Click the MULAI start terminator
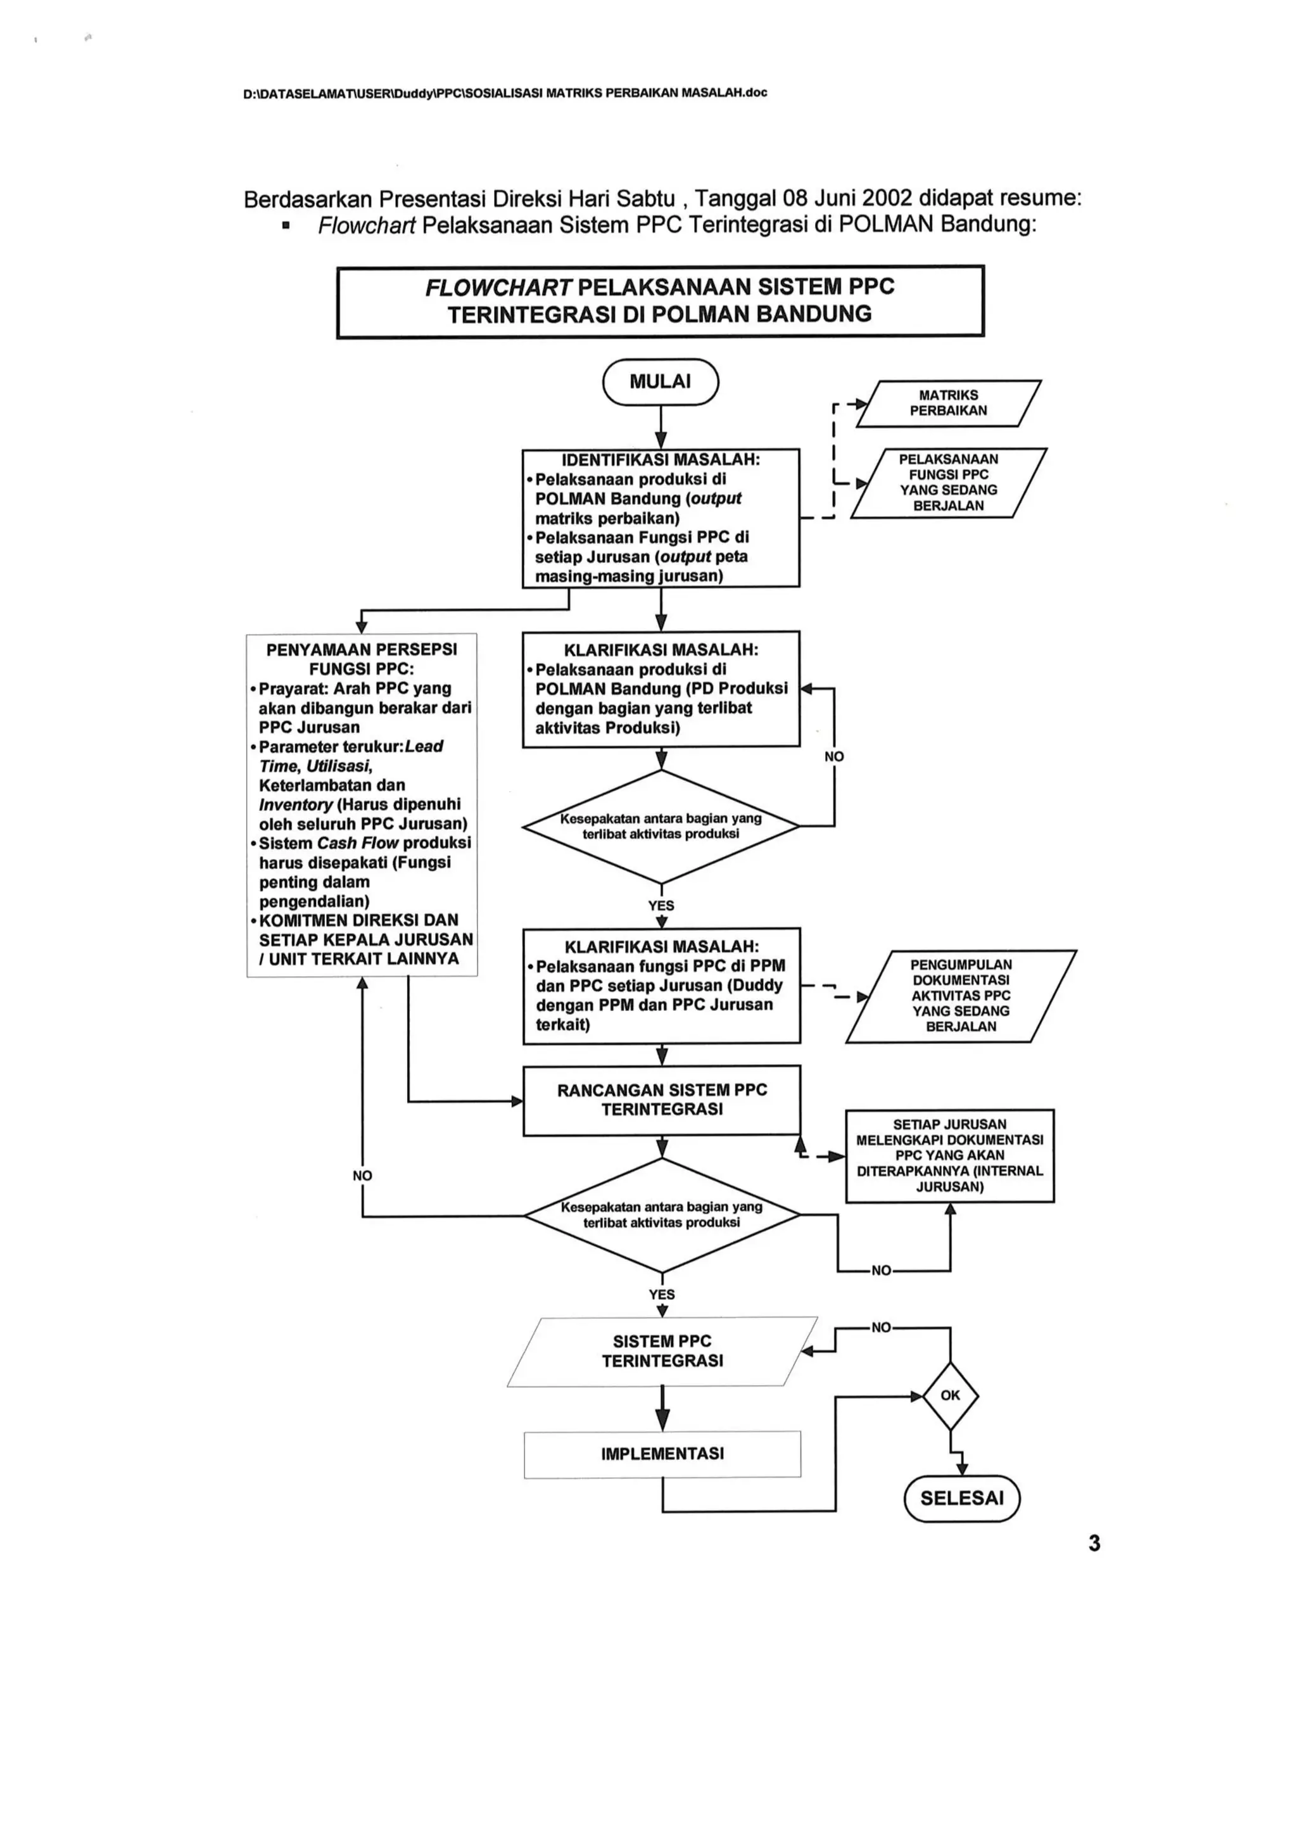[660, 382]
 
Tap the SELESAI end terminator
[961, 1498]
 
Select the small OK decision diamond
[950, 1395]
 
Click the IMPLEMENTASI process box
[662, 1454]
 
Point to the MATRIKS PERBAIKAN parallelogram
[949, 403]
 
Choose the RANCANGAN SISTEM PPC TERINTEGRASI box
[662, 1100]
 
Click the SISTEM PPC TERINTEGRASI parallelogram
[662, 1350]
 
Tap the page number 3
[1094, 1543]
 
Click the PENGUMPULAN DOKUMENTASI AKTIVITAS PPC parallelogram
[961, 996]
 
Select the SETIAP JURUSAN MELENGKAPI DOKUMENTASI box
[949, 1156]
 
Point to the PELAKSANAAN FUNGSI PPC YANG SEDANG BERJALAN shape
[949, 483]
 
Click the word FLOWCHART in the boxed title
[498, 288]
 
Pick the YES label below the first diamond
[661, 906]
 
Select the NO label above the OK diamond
[881, 1328]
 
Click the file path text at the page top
[504, 92]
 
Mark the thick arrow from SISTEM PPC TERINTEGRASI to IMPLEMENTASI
[662, 1407]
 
